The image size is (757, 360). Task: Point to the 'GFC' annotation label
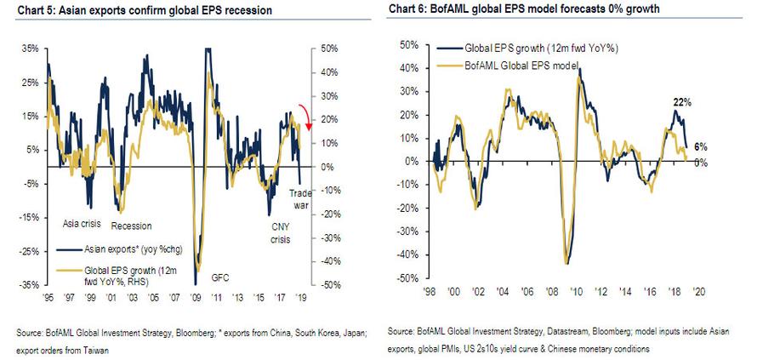click(x=221, y=277)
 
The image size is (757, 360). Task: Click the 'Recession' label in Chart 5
click(x=131, y=226)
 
